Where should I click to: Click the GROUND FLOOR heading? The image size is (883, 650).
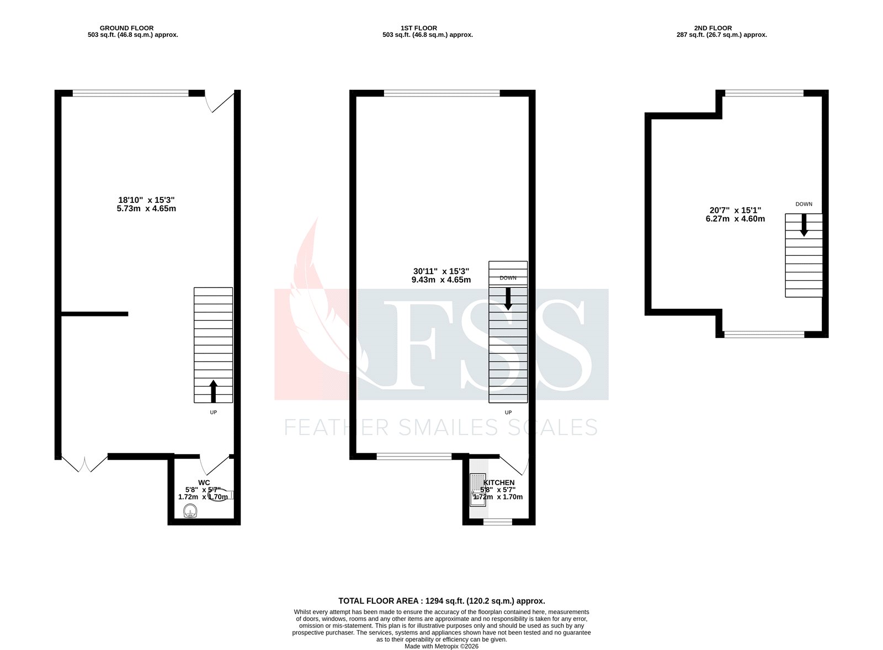pos(126,28)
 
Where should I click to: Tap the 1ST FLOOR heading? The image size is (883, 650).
pos(419,28)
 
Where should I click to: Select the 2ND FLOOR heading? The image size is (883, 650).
pos(713,28)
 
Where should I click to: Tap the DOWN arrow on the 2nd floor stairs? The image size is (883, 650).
pos(804,225)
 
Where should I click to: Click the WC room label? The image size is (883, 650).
pos(204,482)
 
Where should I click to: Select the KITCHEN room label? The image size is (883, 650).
pos(499,482)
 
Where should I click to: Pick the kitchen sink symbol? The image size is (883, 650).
pos(477,490)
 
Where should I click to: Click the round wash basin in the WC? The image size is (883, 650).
pos(190,511)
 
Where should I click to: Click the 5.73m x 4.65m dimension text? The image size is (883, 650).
pos(146,209)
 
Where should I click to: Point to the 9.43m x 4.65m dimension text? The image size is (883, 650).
pos(441,280)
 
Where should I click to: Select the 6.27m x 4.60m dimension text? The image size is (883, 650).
pos(735,219)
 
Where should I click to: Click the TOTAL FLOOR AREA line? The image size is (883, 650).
pos(441,601)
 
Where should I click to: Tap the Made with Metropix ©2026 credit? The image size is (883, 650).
pos(441,646)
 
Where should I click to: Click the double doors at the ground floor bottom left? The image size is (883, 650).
pos(84,464)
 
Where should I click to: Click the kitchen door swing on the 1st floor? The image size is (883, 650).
pos(517,465)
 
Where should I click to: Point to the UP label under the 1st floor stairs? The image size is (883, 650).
pos(508,412)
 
